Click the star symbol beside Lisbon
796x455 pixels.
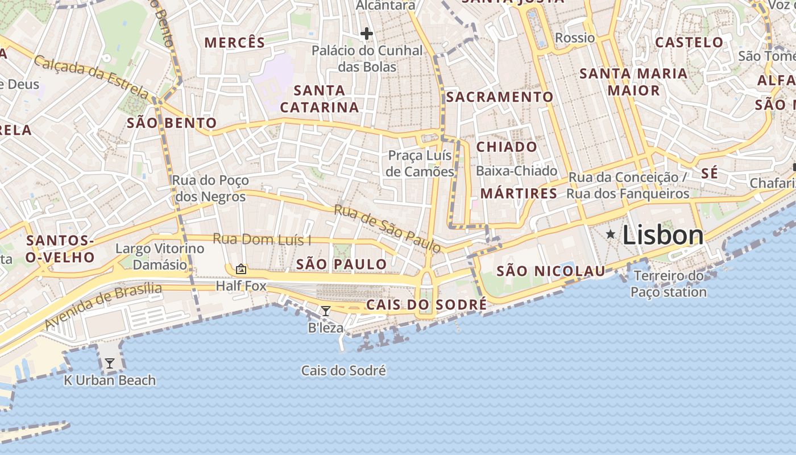(611, 234)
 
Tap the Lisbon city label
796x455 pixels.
(663, 235)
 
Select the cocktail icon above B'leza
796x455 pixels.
(326, 311)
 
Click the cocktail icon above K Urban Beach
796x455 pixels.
(110, 363)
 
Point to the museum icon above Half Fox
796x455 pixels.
(241, 268)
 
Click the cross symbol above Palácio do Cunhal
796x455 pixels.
(367, 34)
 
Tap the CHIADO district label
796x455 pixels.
(507, 147)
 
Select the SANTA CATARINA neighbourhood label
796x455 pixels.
(320, 98)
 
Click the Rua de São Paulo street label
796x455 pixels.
(387, 229)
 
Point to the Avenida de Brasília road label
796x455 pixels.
(103, 305)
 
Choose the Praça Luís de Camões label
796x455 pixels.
(420, 163)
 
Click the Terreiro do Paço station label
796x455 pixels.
(669, 284)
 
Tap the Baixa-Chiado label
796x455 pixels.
(516, 171)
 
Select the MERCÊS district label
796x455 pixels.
(235, 43)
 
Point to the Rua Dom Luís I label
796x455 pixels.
(262, 239)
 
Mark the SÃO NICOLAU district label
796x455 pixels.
(551, 271)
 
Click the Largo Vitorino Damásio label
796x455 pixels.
(160, 257)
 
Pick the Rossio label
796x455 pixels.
(575, 38)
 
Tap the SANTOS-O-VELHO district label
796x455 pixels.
(60, 249)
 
